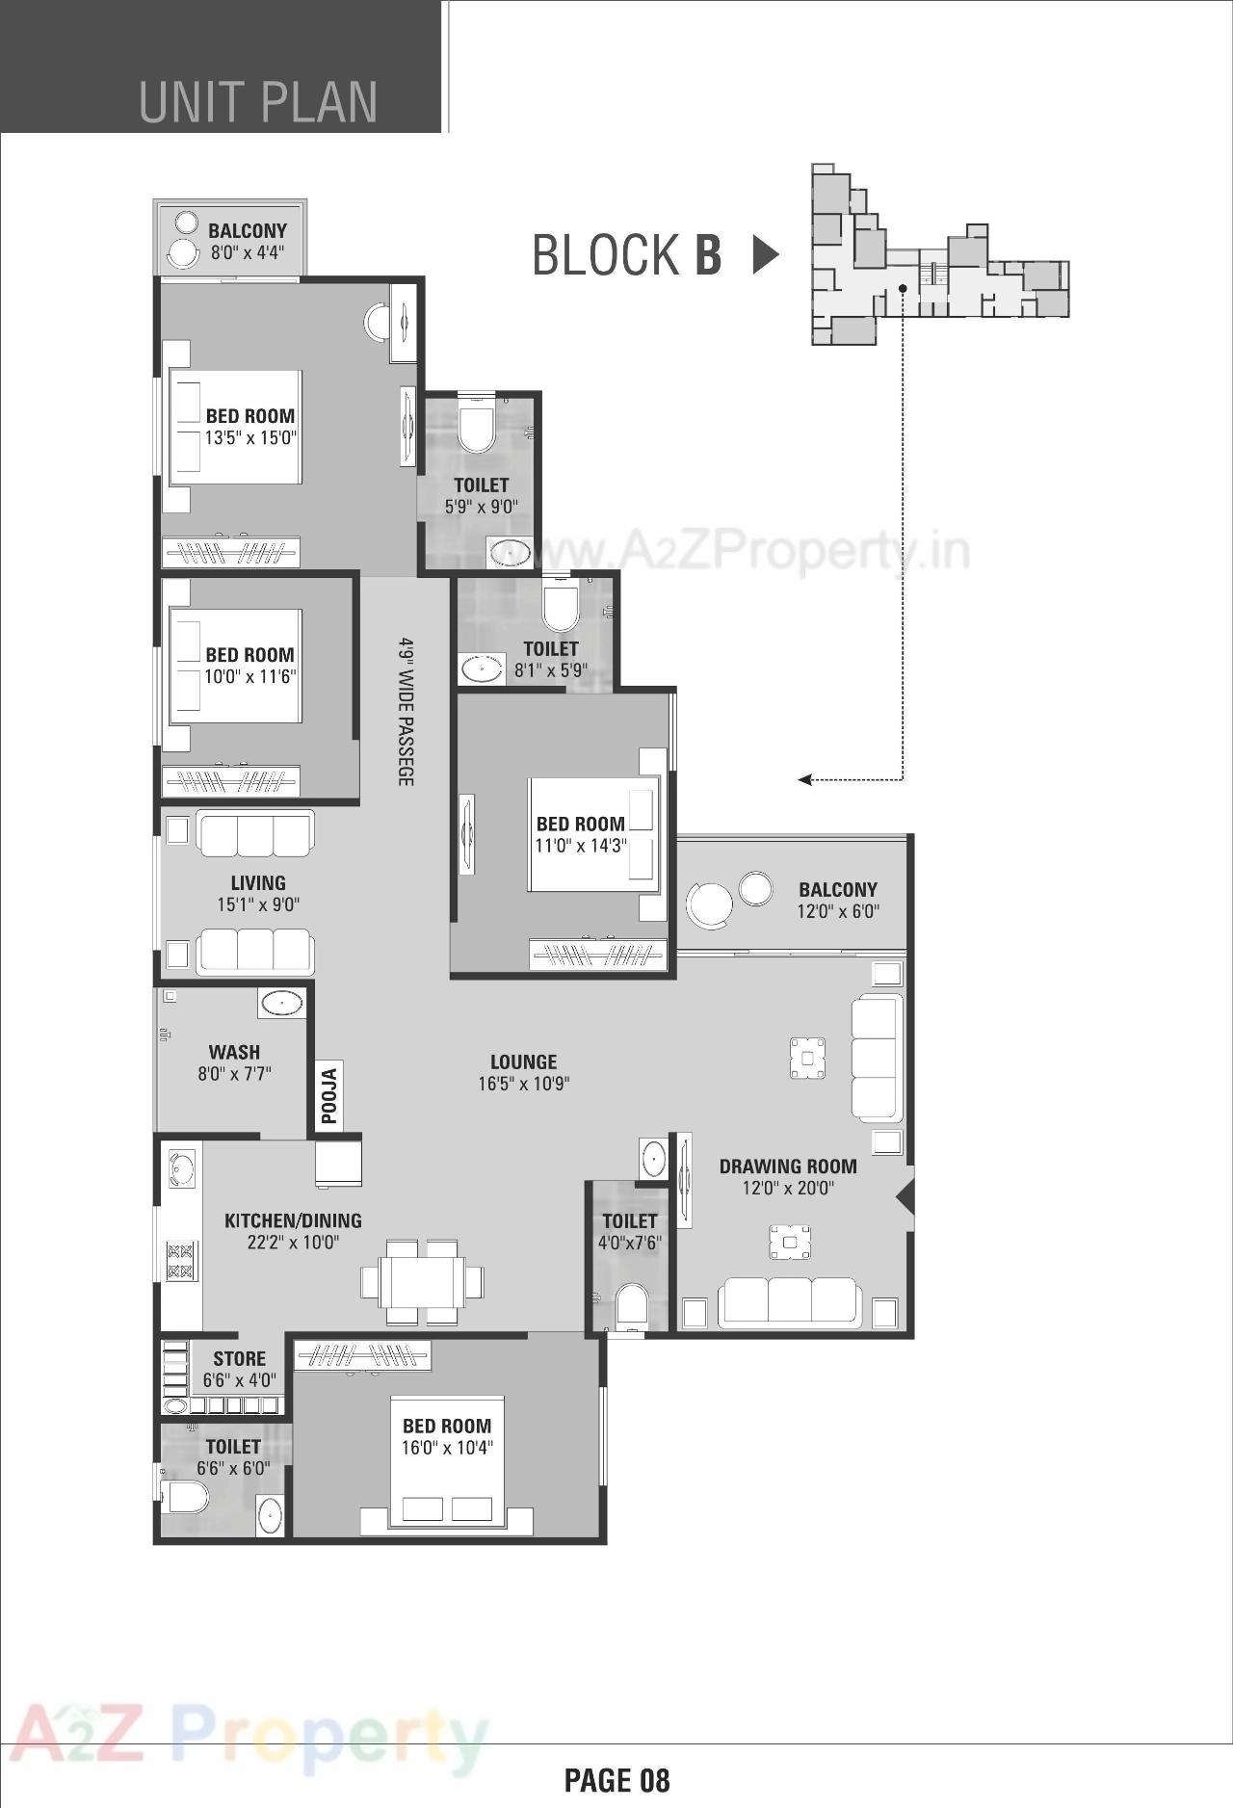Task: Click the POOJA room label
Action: [x=329, y=1096]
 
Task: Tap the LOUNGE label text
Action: [x=523, y=1061]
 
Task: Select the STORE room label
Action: [x=239, y=1358]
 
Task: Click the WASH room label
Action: [x=234, y=1052]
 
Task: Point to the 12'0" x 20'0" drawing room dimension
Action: [x=788, y=1188]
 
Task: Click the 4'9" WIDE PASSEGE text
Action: [x=407, y=711]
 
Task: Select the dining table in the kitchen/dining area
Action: [x=422, y=1282]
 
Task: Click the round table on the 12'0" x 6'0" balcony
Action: [x=710, y=904]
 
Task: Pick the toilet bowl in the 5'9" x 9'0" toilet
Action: [x=475, y=430]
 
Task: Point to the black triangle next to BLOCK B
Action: [x=765, y=254]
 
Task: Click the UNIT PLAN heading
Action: [x=258, y=102]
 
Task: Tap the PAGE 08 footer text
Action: [x=616, y=1779]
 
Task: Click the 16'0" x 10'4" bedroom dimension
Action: [x=447, y=1447]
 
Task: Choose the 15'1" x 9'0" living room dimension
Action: [x=258, y=904]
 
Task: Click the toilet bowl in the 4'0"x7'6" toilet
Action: [x=633, y=1305]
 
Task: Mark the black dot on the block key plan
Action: [x=903, y=287]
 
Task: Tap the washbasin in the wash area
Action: [x=281, y=1003]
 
